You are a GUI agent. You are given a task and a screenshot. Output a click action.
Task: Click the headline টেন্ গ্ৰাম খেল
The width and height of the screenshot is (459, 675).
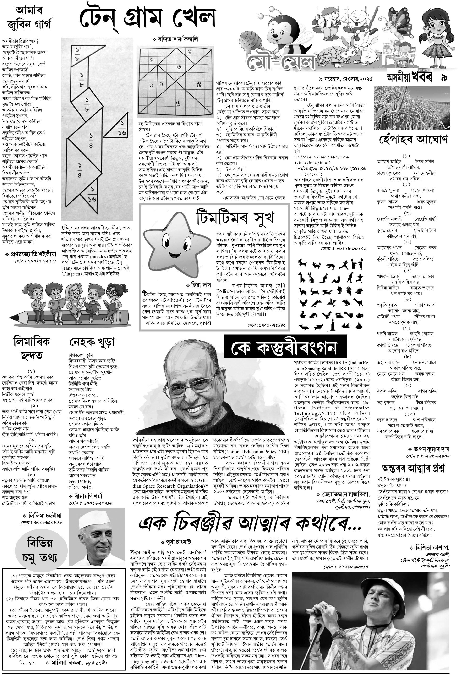click(x=148, y=18)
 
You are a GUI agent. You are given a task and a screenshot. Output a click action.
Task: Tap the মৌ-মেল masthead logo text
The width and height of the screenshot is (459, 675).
click(x=281, y=61)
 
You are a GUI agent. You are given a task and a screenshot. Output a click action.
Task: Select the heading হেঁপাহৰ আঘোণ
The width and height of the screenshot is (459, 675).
click(x=414, y=139)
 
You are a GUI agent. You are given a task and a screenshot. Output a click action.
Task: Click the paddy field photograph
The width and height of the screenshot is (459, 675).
click(x=412, y=108)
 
